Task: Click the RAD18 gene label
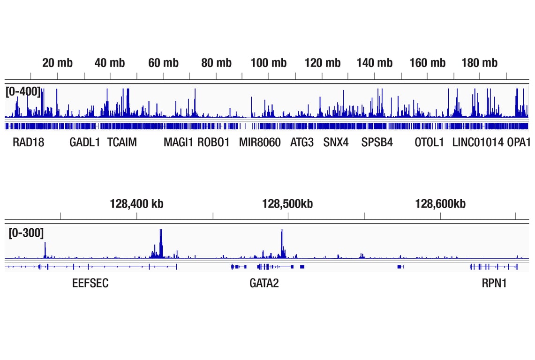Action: tap(28, 142)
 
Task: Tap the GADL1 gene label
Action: tap(85, 142)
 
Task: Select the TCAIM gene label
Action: tap(122, 142)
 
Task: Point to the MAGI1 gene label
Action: tap(178, 142)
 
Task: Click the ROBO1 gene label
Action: tap(213, 142)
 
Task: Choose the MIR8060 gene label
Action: tap(260, 142)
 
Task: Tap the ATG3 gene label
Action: tap(302, 142)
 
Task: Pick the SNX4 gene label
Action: tap(336, 142)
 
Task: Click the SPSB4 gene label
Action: tap(377, 142)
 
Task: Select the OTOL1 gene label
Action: tap(429, 142)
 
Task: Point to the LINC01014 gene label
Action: tap(478, 142)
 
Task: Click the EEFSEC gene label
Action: tap(90, 284)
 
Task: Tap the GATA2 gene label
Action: tap(264, 284)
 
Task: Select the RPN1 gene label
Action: tap(494, 284)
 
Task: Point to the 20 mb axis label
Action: tap(57, 63)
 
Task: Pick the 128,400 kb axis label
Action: tap(136, 204)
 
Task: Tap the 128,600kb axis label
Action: tap(440, 204)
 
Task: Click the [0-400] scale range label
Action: tap(23, 91)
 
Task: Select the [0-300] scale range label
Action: tap(26, 232)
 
